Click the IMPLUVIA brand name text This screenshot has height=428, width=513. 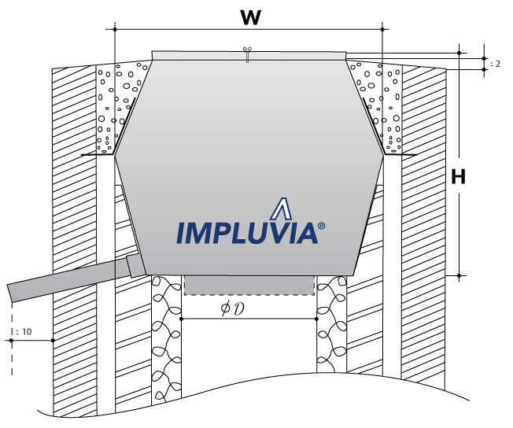245,232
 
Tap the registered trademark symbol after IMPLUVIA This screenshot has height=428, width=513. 321,225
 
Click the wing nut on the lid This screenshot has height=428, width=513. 247,54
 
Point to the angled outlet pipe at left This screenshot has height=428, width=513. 63,280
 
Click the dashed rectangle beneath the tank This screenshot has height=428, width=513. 249,284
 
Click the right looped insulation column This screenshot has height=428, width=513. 330,338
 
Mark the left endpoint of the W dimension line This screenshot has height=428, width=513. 115,29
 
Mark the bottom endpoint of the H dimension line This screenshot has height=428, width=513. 459,275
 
